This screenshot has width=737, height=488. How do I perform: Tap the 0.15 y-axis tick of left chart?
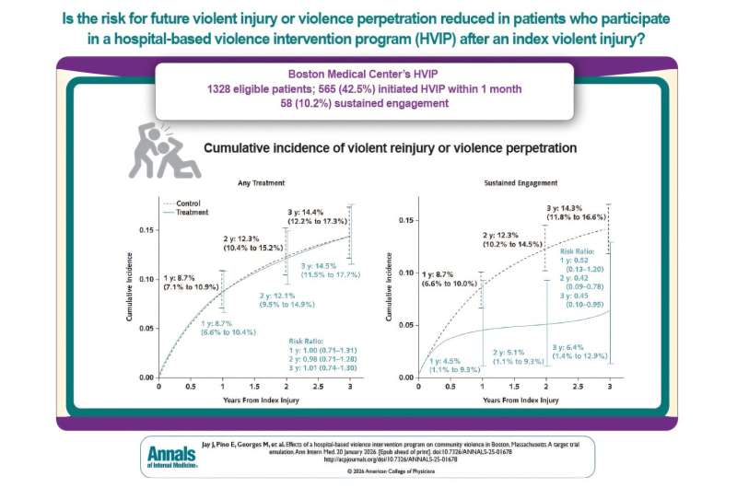pyautogui.click(x=146, y=230)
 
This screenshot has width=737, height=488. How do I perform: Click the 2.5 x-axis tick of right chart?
pyautogui.click(x=579, y=388)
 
